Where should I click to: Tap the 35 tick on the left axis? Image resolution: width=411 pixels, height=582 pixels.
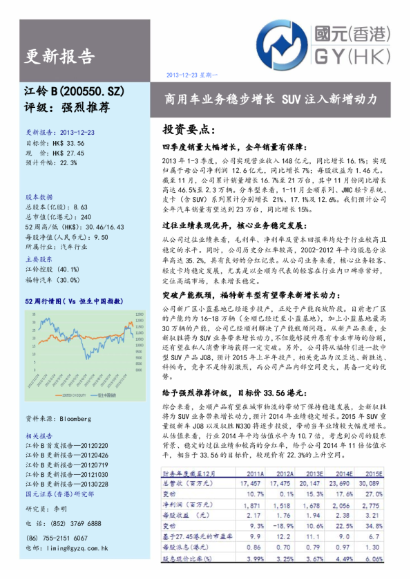tap(34, 314)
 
